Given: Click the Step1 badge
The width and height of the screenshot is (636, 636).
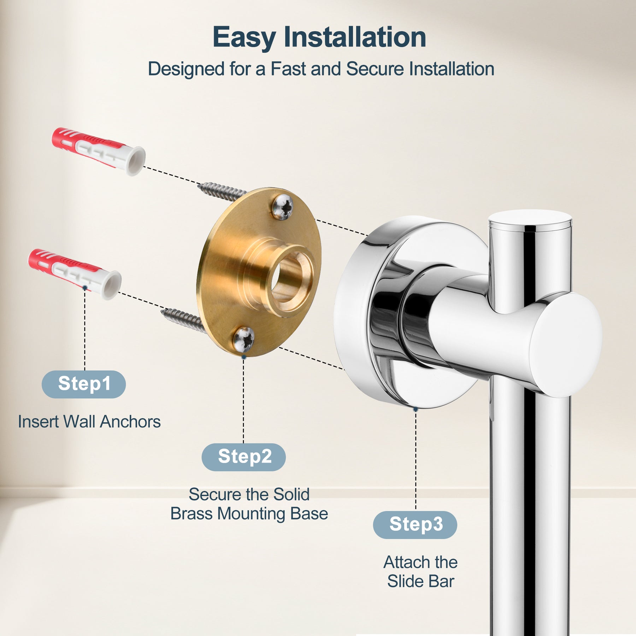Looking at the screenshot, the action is [84, 384].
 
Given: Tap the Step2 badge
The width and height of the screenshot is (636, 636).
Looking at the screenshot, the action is [244, 457].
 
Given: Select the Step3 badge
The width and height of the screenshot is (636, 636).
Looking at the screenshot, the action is [415, 525].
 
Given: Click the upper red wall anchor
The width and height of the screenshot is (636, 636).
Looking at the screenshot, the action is [99, 151].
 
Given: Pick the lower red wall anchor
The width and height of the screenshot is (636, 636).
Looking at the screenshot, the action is [75, 274].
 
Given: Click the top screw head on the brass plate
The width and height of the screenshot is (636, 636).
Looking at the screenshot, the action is [283, 207].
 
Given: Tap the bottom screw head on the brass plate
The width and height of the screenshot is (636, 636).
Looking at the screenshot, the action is [244, 339].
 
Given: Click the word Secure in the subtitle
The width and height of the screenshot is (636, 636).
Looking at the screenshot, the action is [375, 69].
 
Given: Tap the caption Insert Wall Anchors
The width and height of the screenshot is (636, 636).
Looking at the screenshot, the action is [89, 422].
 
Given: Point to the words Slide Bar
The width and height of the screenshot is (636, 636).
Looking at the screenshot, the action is [420, 581].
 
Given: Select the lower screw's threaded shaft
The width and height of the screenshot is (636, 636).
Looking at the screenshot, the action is [183, 319].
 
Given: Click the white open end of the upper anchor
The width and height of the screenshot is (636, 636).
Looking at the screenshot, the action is [136, 161].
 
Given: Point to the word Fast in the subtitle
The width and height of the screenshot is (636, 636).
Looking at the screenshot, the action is [288, 69].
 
